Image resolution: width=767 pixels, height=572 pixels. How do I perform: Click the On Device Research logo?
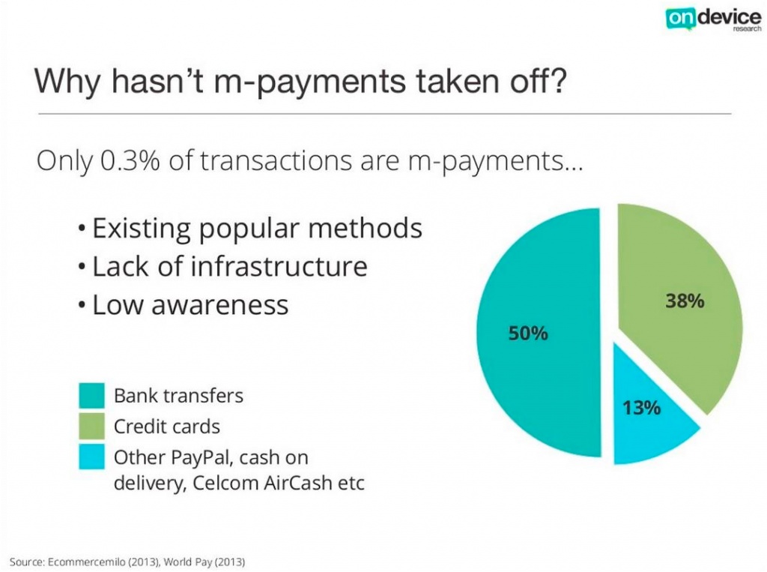click(713, 19)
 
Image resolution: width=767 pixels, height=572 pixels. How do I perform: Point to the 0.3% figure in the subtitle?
click(130, 160)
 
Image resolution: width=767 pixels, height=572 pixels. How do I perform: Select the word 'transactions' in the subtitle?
click(276, 160)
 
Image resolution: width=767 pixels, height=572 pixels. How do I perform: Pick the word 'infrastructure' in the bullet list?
click(279, 266)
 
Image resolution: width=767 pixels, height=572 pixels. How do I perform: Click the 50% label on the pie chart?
click(528, 334)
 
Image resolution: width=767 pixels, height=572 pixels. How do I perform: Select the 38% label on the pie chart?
click(685, 301)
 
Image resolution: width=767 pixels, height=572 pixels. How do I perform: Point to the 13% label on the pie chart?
click(641, 408)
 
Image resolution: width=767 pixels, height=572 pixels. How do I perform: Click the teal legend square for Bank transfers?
click(91, 395)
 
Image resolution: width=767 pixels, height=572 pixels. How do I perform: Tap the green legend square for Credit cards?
click(91, 426)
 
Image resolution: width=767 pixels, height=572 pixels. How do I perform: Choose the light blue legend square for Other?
click(91, 457)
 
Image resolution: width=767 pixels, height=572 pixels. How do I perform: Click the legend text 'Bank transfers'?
click(178, 396)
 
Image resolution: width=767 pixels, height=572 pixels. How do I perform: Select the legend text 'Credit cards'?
click(167, 427)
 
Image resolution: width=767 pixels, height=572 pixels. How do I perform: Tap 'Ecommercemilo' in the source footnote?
click(86, 562)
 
